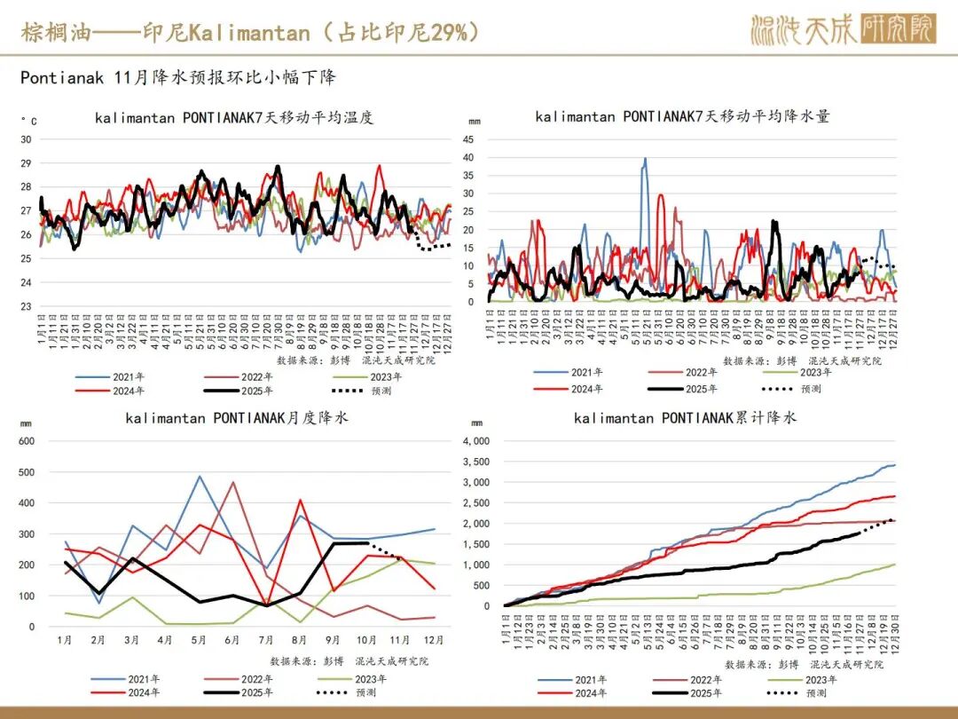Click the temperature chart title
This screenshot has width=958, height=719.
234,117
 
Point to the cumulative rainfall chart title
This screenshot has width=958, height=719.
685,417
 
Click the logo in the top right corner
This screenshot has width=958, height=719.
842,30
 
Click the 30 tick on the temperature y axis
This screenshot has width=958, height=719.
26,139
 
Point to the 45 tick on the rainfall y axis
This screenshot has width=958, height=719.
468,139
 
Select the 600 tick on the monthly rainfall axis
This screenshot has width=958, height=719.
26,441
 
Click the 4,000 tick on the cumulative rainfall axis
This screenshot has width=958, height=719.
477,441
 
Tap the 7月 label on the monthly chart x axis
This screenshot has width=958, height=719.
264,639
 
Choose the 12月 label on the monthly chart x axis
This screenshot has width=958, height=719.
433,639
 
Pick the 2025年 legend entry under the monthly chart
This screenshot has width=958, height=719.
257,692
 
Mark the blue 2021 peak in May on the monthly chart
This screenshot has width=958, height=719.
200,477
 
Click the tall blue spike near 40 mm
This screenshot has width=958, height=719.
645,160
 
